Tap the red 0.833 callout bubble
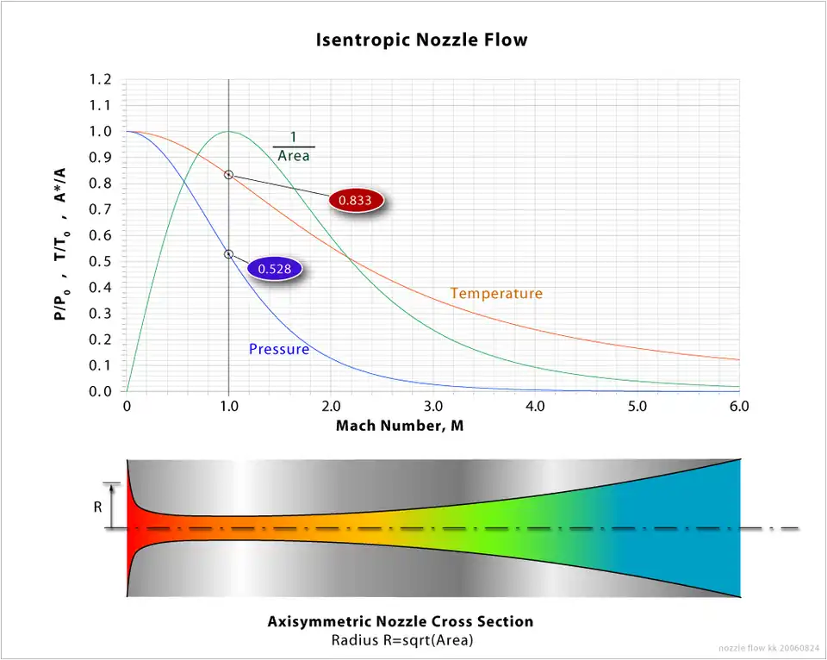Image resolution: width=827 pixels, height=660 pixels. coord(355,199)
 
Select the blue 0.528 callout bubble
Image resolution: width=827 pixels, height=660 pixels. coord(275,269)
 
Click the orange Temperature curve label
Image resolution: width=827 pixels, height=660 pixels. coord(496,294)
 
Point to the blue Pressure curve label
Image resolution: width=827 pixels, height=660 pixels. coord(279,349)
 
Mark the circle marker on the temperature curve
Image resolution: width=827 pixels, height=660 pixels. coord(228,175)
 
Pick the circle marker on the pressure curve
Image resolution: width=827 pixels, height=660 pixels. coord(228,254)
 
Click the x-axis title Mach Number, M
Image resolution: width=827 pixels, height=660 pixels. coord(400,426)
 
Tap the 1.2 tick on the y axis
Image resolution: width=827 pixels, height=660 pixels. coord(101,80)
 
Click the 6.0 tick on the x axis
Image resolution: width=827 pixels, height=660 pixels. coord(739,406)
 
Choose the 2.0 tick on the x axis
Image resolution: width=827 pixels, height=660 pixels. coord(331,406)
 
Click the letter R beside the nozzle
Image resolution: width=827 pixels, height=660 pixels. coord(98,507)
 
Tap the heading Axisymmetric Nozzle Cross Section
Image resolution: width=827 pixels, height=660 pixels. coord(400,621)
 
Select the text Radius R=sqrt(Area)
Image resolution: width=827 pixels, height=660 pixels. coord(400,640)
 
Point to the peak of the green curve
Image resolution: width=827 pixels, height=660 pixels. coord(228,132)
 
